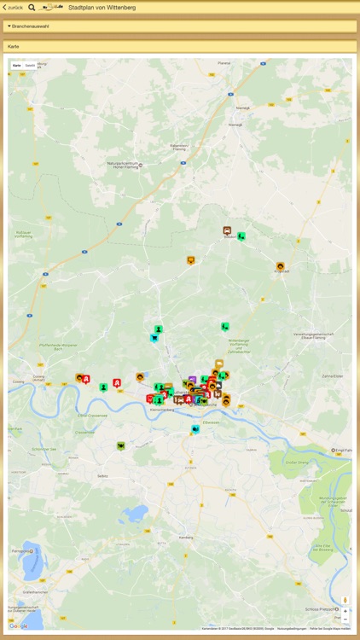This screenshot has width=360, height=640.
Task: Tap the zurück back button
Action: click(x=13, y=7)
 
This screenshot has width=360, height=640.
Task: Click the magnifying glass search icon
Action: click(x=32, y=7)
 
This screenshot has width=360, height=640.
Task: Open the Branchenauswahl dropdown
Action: click(x=31, y=26)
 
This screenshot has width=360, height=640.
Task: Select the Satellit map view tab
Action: click(x=30, y=65)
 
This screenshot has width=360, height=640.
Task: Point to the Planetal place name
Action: click(x=224, y=62)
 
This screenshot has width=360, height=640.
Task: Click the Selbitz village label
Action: click(x=102, y=475)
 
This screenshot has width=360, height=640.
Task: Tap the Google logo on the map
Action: click(x=19, y=625)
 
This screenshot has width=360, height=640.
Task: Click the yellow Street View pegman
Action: click(x=345, y=600)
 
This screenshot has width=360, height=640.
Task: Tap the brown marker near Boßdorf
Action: click(x=227, y=230)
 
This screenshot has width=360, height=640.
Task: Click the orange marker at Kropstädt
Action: click(x=280, y=266)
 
